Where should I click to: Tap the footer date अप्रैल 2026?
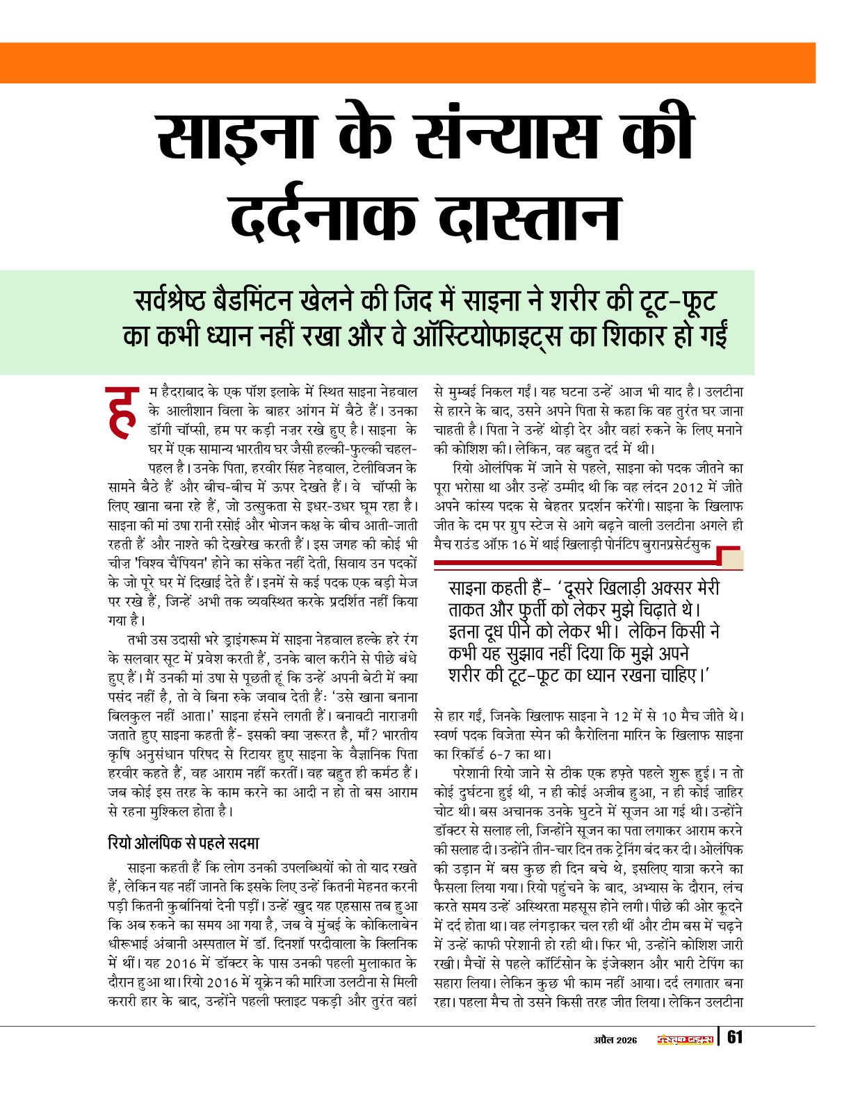pyautogui.click(x=615, y=1040)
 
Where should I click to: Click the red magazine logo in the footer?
pyautogui.click(x=685, y=1039)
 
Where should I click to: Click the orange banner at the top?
pyautogui.click(x=407, y=63)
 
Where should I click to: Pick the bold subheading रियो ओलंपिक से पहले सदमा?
pyautogui.click(x=184, y=843)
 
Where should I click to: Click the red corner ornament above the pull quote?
pyautogui.click(x=730, y=557)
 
